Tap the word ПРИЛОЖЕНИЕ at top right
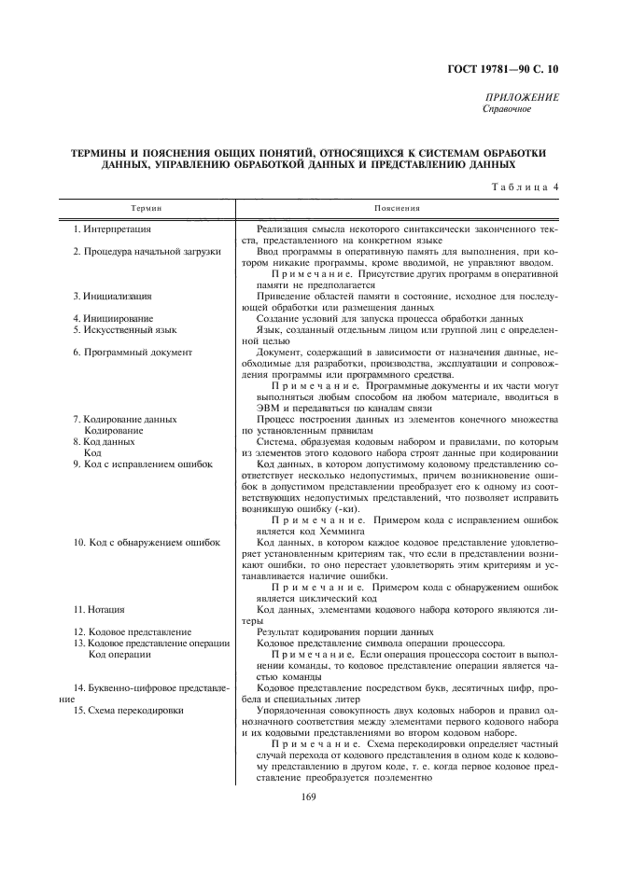[x=524, y=98]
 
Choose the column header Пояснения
[x=397, y=209]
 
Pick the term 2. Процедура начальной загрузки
[x=147, y=252]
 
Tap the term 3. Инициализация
[x=113, y=297]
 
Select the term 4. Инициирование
[x=113, y=319]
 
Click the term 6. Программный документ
[x=132, y=353]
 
